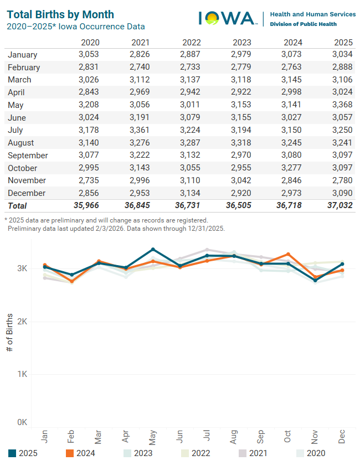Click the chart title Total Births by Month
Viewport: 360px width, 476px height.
pos(60,14)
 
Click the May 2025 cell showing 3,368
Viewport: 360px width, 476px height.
pos(342,105)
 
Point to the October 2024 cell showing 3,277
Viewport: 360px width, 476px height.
pos(292,168)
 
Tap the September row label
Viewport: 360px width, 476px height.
pos(28,156)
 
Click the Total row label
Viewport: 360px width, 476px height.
pos(17,205)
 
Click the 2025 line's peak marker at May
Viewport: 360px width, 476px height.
pos(153,250)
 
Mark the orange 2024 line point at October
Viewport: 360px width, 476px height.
pos(288,255)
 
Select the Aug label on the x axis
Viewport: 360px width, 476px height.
pos(234,437)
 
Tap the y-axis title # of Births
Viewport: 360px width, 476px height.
pos(10,332)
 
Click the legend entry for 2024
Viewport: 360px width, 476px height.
pos(80,453)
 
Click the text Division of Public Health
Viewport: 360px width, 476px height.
pos(305,24)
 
